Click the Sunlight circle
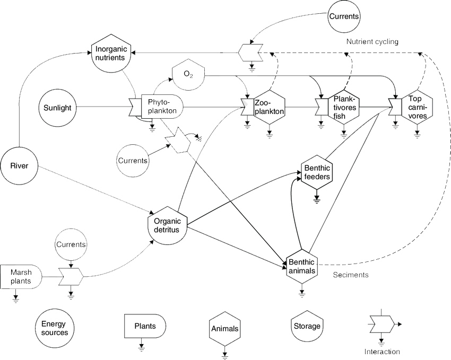pos(57,108)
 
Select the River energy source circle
pos(20,166)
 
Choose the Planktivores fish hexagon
pos(344,106)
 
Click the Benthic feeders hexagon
pos(317,173)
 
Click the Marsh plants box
pos(22,276)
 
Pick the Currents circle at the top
pos(344,16)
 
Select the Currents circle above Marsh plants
pos(71,246)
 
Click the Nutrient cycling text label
pos(372,41)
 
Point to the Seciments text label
pos(351,275)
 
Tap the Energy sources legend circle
pos(54,328)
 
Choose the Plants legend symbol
pos(144,326)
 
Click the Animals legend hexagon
pos(224,329)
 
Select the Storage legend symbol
pos(307,326)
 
